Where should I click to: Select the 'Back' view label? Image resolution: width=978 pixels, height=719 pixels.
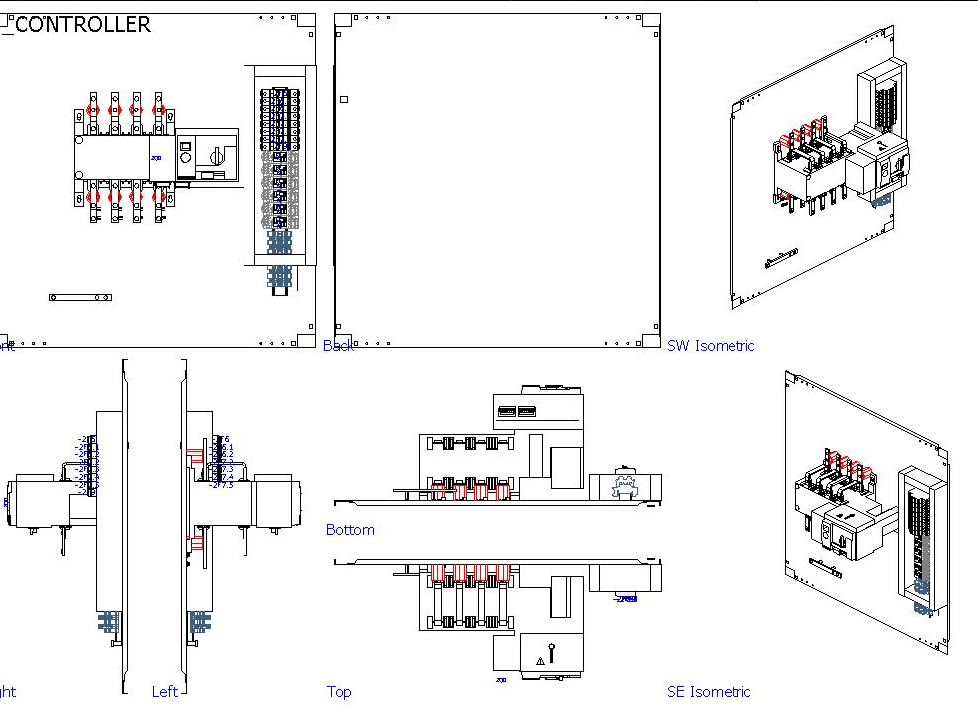pyautogui.click(x=338, y=346)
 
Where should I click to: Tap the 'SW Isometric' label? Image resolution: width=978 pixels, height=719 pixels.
pyautogui.click(x=711, y=346)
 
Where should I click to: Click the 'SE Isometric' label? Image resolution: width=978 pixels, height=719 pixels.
pyautogui.click(x=709, y=691)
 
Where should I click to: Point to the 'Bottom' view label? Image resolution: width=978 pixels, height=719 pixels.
pyautogui.click(x=350, y=530)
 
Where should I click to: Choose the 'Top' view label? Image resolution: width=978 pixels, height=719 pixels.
pyautogui.click(x=339, y=691)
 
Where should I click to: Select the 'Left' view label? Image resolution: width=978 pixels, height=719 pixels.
pyautogui.click(x=164, y=691)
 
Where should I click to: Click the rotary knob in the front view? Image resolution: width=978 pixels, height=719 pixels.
pyautogui.click(x=216, y=155)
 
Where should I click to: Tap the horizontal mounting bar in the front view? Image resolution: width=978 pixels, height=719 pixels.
pyautogui.click(x=80, y=297)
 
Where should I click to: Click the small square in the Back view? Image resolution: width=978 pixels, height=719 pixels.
pyautogui.click(x=344, y=99)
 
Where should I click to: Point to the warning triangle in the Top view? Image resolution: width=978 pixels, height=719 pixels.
pyautogui.click(x=540, y=660)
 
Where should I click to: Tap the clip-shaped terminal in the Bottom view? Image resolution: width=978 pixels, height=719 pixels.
pyautogui.click(x=626, y=485)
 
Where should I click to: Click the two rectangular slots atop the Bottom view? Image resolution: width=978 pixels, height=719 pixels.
pyautogui.click(x=515, y=411)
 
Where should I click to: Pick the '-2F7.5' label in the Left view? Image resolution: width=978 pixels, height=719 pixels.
pyautogui.click(x=222, y=485)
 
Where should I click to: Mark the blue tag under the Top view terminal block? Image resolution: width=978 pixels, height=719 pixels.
pyautogui.click(x=625, y=599)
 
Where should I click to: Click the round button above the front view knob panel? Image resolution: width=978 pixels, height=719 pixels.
pyautogui.click(x=185, y=145)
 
